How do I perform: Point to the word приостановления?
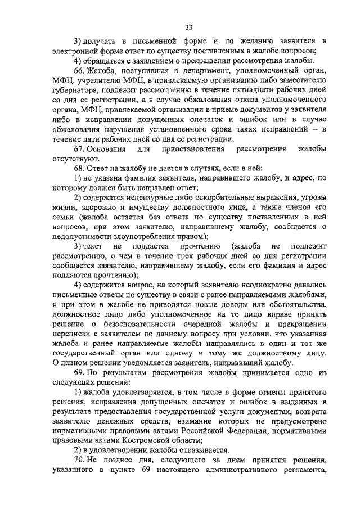point(193,149)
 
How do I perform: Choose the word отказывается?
point(197,450)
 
